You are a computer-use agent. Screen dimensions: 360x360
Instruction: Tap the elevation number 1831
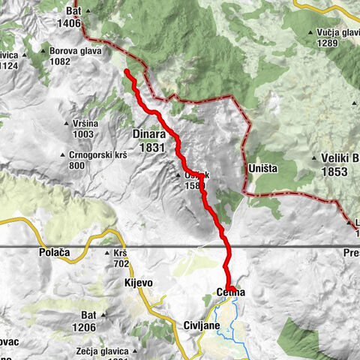click(x=151, y=148)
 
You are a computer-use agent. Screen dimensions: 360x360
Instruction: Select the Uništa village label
click(x=262, y=169)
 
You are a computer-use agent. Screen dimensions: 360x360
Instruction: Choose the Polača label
click(x=54, y=253)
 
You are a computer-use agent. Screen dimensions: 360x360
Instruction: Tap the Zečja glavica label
click(x=104, y=351)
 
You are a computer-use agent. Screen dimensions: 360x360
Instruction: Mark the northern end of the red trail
click(x=127, y=72)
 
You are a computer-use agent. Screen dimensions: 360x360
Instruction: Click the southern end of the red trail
click(x=229, y=288)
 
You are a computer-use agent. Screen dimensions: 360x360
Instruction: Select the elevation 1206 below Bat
click(x=83, y=327)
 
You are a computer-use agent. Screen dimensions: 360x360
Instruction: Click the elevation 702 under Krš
click(x=121, y=264)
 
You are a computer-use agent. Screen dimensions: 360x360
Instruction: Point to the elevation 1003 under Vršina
click(x=83, y=134)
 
